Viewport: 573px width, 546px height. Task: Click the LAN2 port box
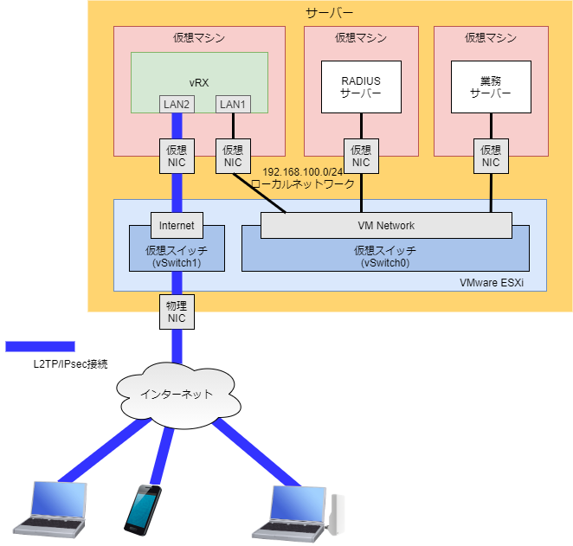tap(177, 104)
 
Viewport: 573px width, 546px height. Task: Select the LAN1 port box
tap(233, 104)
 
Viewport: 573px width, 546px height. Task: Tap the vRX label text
tap(200, 82)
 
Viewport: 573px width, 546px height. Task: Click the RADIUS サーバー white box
tap(361, 87)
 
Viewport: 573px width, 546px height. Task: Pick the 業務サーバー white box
tap(491, 87)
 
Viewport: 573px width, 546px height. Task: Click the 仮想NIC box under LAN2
tap(177, 156)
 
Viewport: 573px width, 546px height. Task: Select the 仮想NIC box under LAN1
tap(233, 156)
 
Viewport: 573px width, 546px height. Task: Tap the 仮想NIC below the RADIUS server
tap(361, 156)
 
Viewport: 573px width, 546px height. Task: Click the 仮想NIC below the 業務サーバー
tap(491, 156)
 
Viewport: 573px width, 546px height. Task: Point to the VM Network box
tap(386, 226)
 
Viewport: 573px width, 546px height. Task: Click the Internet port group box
tap(177, 226)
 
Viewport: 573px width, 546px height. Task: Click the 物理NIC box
tap(177, 312)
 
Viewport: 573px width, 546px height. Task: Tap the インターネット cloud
tap(177, 395)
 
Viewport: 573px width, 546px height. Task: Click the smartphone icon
tap(141, 508)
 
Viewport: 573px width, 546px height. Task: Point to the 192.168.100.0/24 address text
tap(302, 172)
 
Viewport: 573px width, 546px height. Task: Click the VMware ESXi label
tap(511, 282)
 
